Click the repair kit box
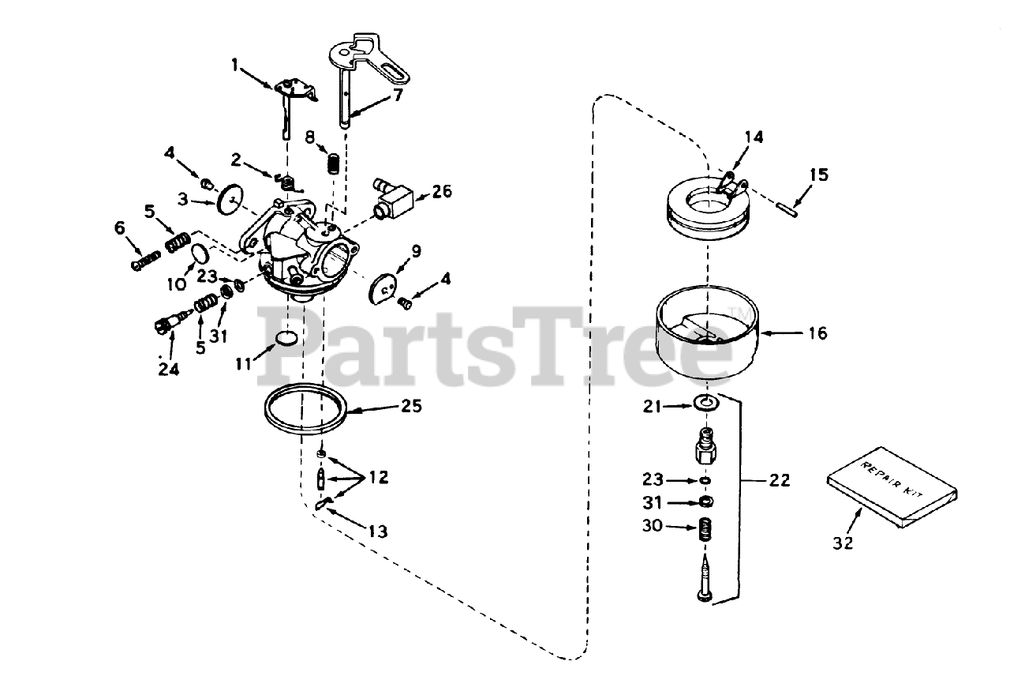pyautogui.click(x=892, y=490)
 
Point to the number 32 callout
pyautogui.click(x=844, y=543)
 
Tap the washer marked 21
pyautogui.click(x=708, y=404)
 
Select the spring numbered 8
pyautogui.click(x=335, y=166)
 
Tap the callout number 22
pyautogui.click(x=779, y=480)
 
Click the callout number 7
pyautogui.click(x=398, y=96)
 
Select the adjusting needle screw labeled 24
pyautogui.click(x=168, y=324)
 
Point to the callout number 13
pyautogui.click(x=377, y=532)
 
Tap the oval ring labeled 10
pyautogui.click(x=200, y=254)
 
